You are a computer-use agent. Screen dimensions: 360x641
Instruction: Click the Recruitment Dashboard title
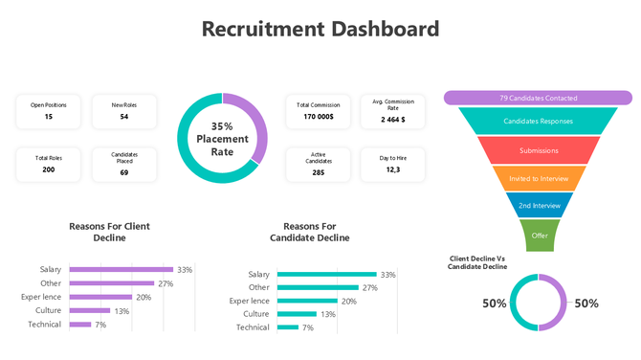(x=320, y=28)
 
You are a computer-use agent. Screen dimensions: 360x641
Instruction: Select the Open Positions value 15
(x=48, y=117)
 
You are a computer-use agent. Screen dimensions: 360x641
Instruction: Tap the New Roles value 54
(x=124, y=117)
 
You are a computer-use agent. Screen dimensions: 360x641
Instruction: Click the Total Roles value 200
(x=48, y=169)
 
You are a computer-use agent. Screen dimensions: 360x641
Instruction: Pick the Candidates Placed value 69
(x=124, y=172)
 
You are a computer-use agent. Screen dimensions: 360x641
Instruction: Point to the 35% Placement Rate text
(x=222, y=139)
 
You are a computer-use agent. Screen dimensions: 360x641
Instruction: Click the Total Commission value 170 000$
(x=318, y=117)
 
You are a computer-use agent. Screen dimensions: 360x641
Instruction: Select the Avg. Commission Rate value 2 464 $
(x=392, y=120)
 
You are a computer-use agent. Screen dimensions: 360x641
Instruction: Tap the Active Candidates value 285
(x=318, y=172)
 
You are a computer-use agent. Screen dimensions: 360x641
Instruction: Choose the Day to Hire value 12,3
(x=392, y=169)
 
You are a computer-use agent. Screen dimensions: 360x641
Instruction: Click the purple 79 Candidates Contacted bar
(x=538, y=98)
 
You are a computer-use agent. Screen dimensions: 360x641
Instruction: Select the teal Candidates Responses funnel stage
(x=538, y=122)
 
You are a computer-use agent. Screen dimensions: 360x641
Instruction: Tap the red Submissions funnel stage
(x=538, y=150)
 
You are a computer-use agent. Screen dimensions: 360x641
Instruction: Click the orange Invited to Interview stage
(x=538, y=178)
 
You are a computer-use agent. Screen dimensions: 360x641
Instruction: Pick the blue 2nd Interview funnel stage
(x=538, y=206)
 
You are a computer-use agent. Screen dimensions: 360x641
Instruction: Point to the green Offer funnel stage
(x=538, y=235)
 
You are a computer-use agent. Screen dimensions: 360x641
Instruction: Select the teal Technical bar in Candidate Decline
(x=287, y=327)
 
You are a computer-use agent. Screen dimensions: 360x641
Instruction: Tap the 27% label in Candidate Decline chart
(x=369, y=287)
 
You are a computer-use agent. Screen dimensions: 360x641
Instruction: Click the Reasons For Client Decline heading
(x=109, y=232)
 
